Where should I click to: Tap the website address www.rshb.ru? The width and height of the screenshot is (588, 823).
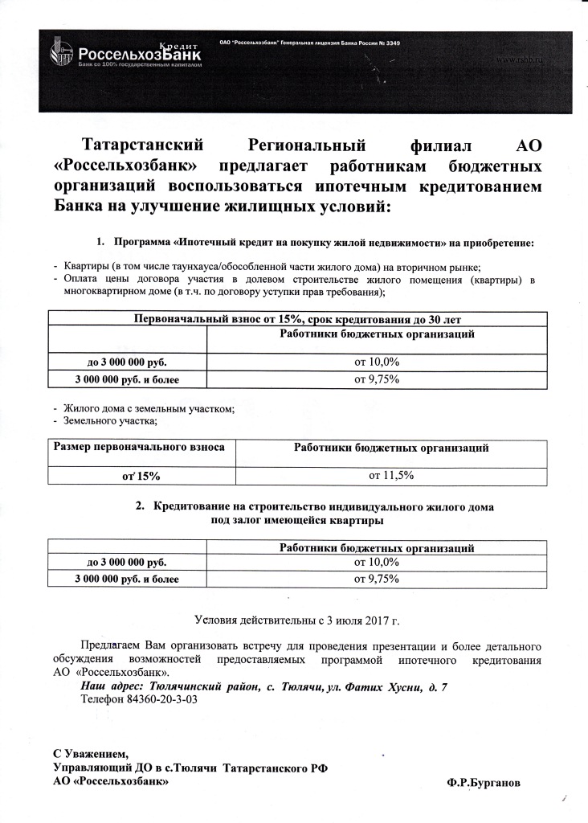click(x=516, y=60)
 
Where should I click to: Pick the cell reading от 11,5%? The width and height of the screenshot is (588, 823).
click(x=390, y=476)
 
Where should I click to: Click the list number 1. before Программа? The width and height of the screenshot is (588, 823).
click(x=101, y=242)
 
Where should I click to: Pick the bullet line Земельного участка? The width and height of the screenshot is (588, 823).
click(x=108, y=421)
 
